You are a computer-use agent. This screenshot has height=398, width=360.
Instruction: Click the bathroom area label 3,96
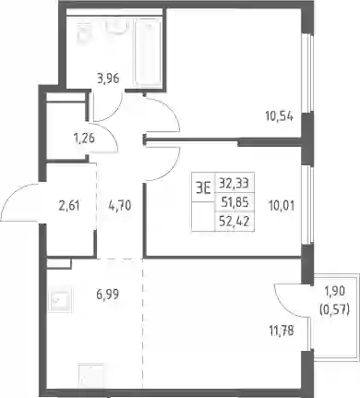tap(108, 78)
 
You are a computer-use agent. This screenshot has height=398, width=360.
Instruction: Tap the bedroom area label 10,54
tap(279, 116)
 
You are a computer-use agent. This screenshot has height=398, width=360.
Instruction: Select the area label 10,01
tap(282, 205)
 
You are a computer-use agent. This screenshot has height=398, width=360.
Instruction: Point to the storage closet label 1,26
tap(84, 139)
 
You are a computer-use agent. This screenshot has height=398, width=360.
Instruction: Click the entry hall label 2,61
tap(69, 205)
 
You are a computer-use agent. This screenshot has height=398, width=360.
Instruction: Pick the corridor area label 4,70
tap(120, 205)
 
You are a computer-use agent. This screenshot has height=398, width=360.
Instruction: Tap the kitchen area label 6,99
tap(107, 295)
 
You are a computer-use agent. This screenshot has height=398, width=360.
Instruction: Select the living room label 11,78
tap(282, 332)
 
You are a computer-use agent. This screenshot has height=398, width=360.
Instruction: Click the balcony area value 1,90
tap(335, 291)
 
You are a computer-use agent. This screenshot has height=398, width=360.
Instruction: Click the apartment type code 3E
tap(203, 187)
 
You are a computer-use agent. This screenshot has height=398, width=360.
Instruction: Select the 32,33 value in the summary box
tap(234, 184)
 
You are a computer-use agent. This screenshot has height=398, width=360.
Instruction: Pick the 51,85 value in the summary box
tap(235, 202)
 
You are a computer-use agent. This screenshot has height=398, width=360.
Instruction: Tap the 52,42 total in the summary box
tap(234, 221)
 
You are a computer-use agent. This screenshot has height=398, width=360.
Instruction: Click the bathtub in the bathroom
tap(149, 52)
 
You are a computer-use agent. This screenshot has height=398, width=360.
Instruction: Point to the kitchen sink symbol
tap(60, 300)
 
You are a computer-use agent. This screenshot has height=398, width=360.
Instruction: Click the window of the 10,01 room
tap(307, 205)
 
